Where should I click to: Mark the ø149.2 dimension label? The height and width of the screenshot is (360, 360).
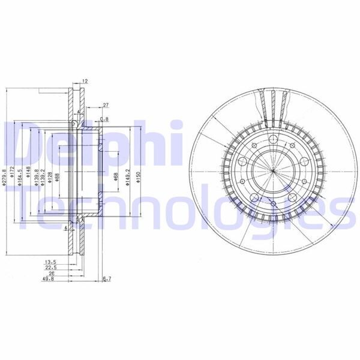click(128, 176)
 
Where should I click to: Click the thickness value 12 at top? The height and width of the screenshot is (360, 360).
click(85, 80)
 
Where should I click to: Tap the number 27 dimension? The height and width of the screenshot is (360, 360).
click(105, 105)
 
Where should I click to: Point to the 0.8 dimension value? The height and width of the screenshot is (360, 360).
click(104, 119)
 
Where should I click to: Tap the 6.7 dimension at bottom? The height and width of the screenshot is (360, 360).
click(107, 279)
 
